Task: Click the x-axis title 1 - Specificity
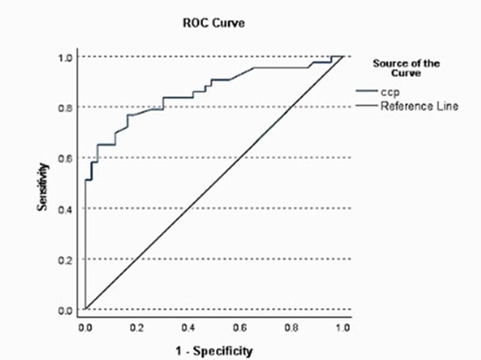(x=214, y=350)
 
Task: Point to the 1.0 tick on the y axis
(x=66, y=58)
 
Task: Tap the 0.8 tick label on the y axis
(x=66, y=108)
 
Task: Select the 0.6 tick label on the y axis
(x=66, y=159)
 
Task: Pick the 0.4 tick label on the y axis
(x=66, y=210)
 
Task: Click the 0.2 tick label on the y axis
(x=66, y=260)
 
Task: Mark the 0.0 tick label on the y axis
(x=66, y=310)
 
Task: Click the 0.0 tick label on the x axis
(x=85, y=328)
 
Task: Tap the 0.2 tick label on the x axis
(x=136, y=328)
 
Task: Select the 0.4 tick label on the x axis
(x=188, y=328)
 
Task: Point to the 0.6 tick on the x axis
(x=239, y=328)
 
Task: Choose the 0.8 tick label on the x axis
(x=290, y=328)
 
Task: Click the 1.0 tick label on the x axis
(x=342, y=328)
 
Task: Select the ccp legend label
(x=388, y=91)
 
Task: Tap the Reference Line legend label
(x=413, y=106)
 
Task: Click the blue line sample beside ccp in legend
(x=366, y=91)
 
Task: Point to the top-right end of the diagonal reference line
(x=342, y=57)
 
